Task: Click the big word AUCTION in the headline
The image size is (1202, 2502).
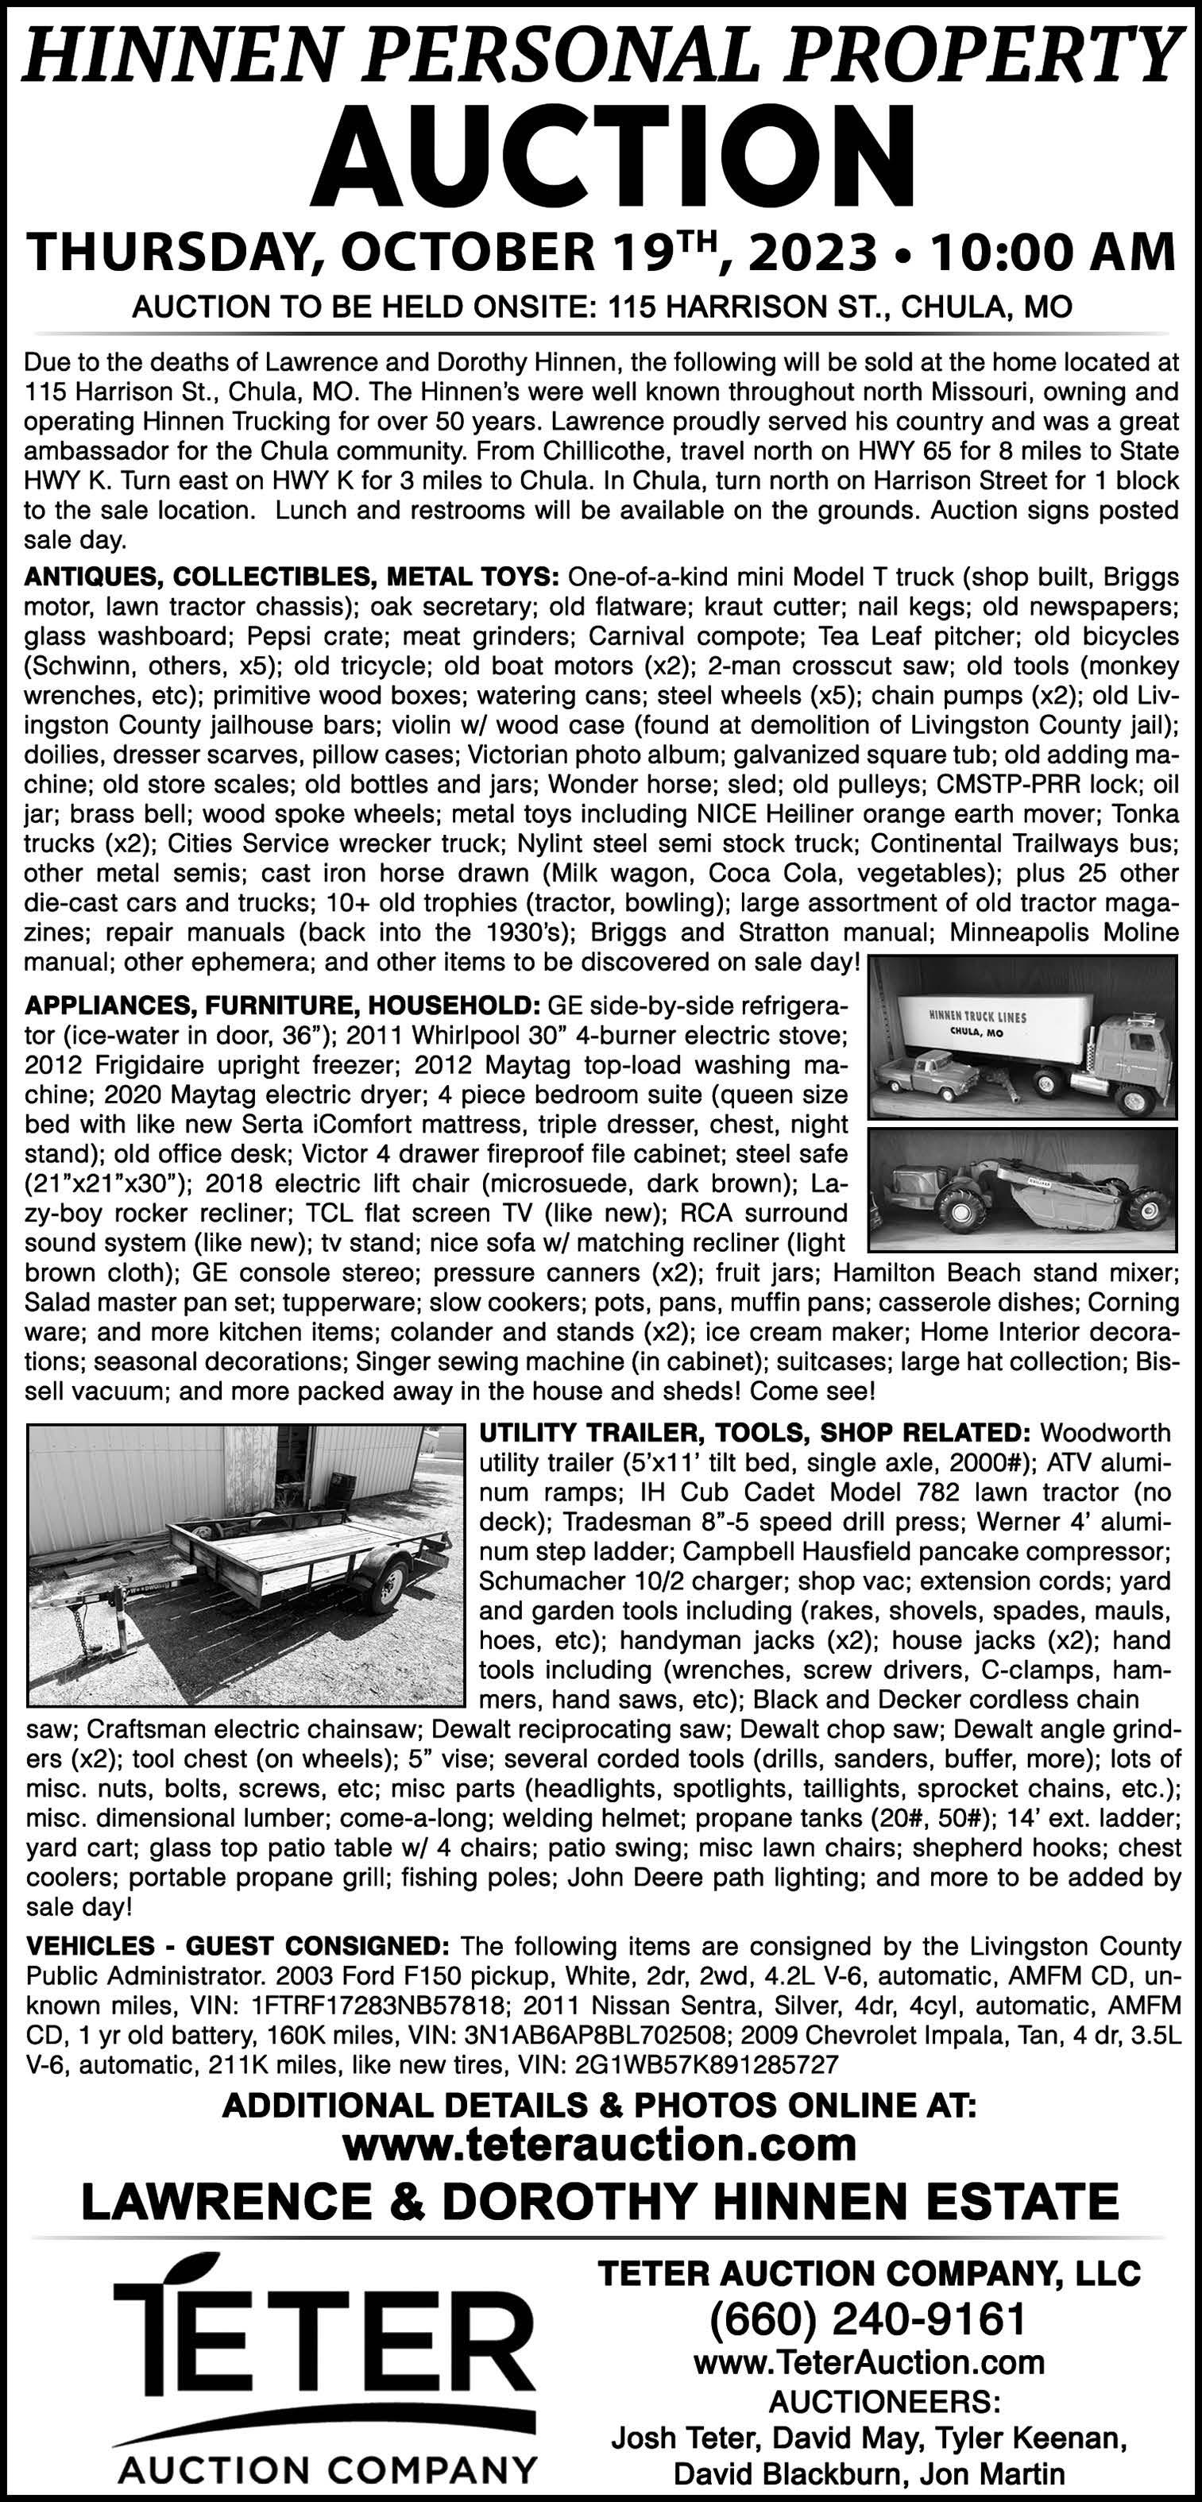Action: coord(614,153)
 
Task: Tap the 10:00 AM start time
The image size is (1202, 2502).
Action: coord(1053,253)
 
